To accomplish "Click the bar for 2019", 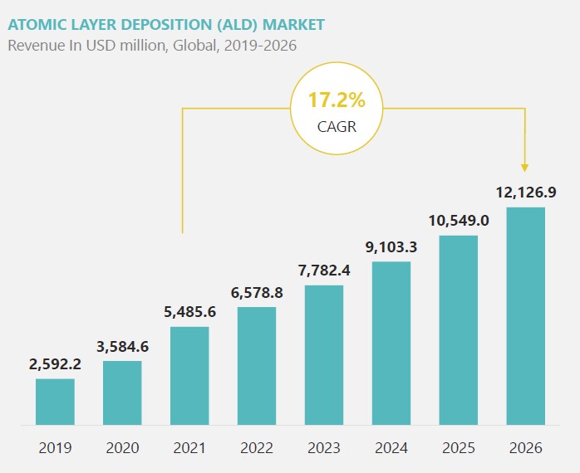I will (x=55, y=402).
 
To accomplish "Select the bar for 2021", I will (x=189, y=375).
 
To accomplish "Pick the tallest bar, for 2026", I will (x=526, y=315).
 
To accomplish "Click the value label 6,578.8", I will (x=257, y=292).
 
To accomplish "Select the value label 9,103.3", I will (x=391, y=246).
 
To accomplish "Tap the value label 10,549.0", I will (x=459, y=221).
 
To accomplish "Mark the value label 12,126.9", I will (x=526, y=193).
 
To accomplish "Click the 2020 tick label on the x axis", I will (x=122, y=448).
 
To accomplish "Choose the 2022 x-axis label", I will (x=257, y=448).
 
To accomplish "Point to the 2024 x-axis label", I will (x=391, y=448).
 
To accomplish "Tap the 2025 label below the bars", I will (x=459, y=448).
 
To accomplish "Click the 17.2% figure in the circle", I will (x=337, y=100).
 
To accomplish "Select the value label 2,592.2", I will (x=55, y=363).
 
